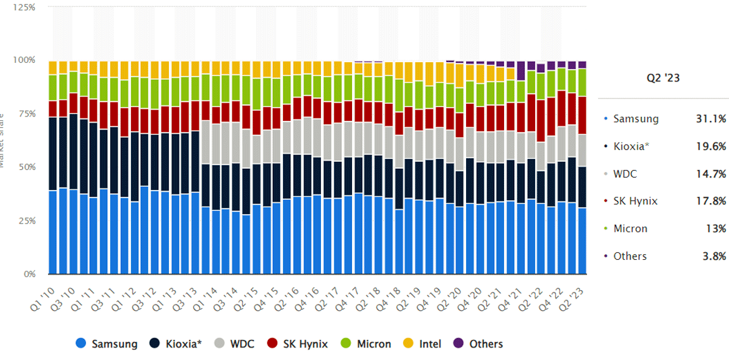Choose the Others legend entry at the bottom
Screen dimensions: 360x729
[x=479, y=344]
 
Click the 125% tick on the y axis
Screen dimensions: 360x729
[x=23, y=7]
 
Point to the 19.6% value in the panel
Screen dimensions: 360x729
[x=711, y=146]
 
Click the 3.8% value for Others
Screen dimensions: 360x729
[x=715, y=256]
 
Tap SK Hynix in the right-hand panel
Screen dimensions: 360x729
[x=636, y=201]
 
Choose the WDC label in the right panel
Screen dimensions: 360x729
[x=626, y=173]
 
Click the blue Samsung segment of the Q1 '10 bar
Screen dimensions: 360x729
[x=53, y=234]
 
